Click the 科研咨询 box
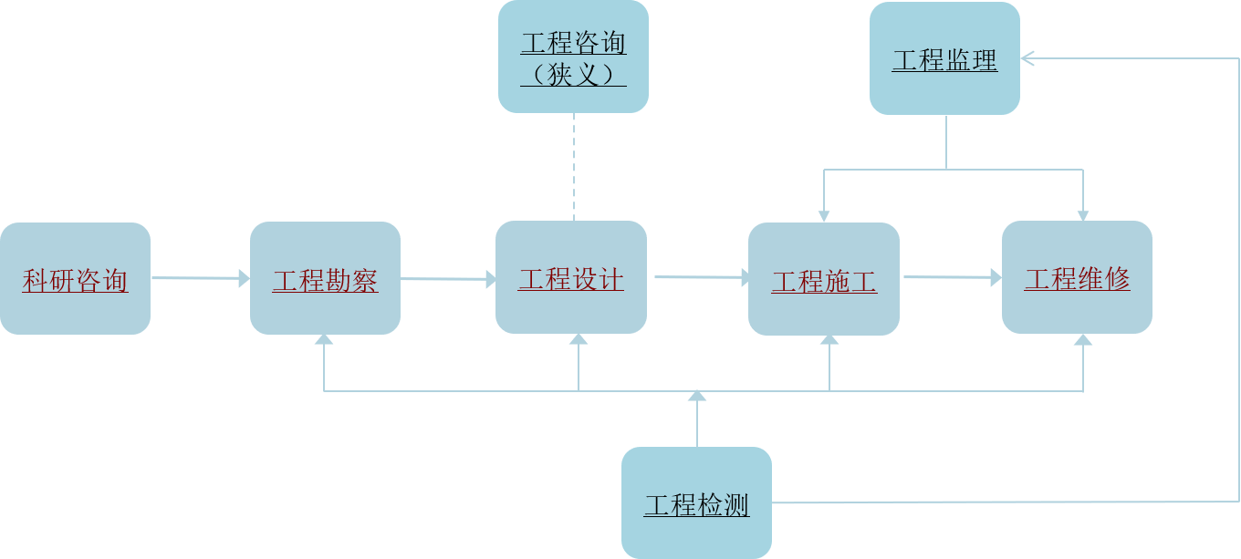click(75, 279)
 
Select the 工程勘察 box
click(325, 279)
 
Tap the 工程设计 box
click(571, 277)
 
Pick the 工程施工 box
click(824, 279)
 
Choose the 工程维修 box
click(1077, 277)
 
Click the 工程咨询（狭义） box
click(573, 57)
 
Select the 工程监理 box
click(944, 58)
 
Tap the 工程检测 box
click(696, 502)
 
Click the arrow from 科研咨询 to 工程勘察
click(200, 278)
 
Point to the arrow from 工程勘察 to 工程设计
click(448, 278)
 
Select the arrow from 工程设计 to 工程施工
click(697, 276)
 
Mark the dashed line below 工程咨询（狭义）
click(573, 167)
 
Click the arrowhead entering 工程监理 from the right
click(1027, 58)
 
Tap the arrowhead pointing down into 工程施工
click(824, 215)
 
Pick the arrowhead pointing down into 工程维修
click(1083, 215)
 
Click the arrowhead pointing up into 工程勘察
click(324, 340)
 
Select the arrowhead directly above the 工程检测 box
click(697, 396)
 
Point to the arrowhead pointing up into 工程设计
click(579, 340)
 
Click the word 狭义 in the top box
click(573, 73)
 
